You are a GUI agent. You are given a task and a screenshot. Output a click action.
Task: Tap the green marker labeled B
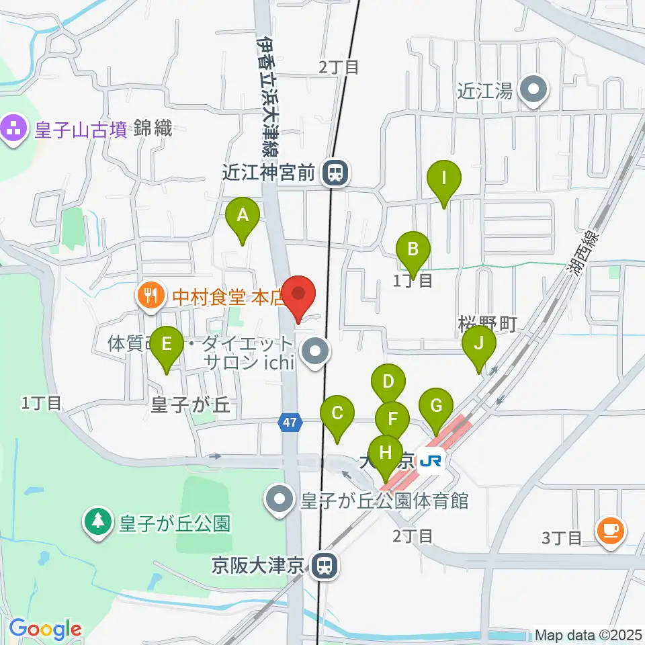[413, 251]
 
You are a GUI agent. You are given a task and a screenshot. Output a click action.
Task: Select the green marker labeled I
[443, 179]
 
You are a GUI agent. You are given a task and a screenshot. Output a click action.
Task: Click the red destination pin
[298, 295]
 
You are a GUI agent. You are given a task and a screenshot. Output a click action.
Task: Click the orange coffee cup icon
[610, 531]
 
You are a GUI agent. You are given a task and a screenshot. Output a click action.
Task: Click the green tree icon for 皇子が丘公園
[98, 522]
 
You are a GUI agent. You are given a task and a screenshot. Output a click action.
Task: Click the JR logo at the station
[431, 462]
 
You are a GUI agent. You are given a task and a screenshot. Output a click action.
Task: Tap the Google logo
[45, 630]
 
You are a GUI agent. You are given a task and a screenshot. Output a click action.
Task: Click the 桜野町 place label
[487, 324]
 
